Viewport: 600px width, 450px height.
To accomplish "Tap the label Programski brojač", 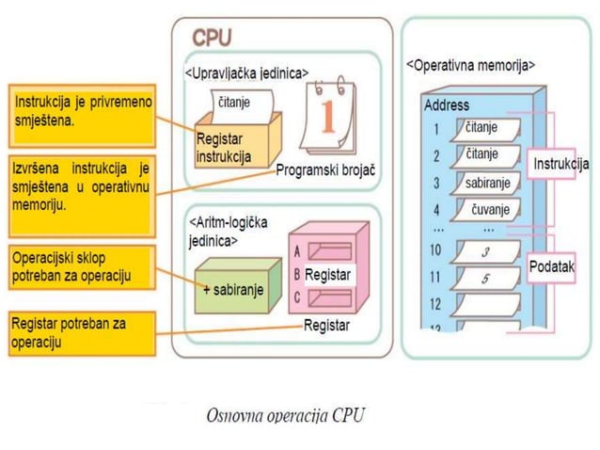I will pyautogui.click(x=325, y=172).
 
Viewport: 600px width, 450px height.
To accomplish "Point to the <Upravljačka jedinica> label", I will pyautogui.click(x=245, y=72).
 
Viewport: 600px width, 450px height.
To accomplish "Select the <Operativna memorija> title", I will pyautogui.click(x=470, y=66).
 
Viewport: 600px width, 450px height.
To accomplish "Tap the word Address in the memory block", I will pyautogui.click(x=447, y=105).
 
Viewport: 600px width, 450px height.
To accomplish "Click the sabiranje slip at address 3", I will pyautogui.click(x=487, y=182).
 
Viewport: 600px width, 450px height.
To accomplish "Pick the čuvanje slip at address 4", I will pyautogui.click(x=487, y=209).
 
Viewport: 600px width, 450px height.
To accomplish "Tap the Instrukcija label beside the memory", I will pyautogui.click(x=561, y=165).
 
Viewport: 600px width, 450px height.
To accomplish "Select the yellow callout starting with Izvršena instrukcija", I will pyautogui.click(x=80, y=186).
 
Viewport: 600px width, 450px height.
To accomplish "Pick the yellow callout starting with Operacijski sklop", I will pyautogui.click(x=80, y=267).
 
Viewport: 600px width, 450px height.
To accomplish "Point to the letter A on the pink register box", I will pyautogui.click(x=298, y=252).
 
